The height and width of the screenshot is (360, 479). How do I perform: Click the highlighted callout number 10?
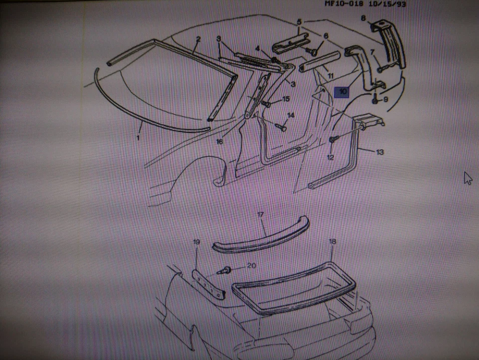point(342,92)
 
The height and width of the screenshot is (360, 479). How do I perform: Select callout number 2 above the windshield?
point(198,39)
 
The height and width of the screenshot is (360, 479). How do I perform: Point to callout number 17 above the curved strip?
point(260,215)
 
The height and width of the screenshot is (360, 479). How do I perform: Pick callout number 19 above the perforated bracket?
point(196,242)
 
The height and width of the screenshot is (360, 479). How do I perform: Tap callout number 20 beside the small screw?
point(251,266)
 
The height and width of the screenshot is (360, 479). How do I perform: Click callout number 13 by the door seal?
point(380,152)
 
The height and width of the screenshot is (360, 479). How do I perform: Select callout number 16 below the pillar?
point(219,141)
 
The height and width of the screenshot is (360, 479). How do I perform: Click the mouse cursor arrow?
point(468,178)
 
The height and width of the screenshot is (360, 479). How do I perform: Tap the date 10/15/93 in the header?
point(387,4)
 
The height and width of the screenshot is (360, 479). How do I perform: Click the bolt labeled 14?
point(280,127)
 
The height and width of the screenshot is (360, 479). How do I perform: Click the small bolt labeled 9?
point(374,100)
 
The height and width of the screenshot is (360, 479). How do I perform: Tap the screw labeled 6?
point(313,51)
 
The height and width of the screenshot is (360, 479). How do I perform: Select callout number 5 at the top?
point(299,22)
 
